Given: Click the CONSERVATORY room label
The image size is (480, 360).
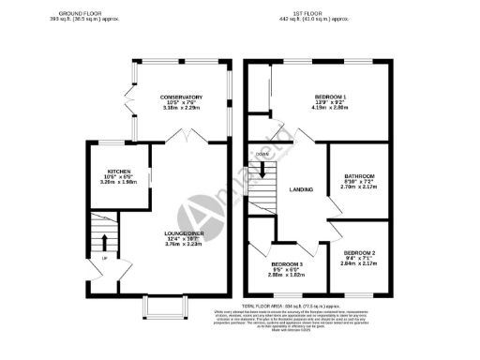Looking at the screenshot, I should [x=182, y=97].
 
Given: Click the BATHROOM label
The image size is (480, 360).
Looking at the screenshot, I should [x=359, y=176].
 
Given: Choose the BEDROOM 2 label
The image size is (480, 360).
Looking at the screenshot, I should [x=359, y=253].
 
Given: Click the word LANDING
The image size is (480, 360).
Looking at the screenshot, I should [x=301, y=190].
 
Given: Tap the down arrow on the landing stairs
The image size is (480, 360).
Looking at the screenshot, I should [x=263, y=170].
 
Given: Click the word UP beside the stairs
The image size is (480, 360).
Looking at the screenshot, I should [x=103, y=258].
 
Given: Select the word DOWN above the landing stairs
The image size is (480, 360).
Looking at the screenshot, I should [x=262, y=153].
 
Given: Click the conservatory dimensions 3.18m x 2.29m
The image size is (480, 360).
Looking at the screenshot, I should [x=182, y=109].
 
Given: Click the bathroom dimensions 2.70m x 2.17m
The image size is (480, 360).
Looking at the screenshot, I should [x=359, y=188].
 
